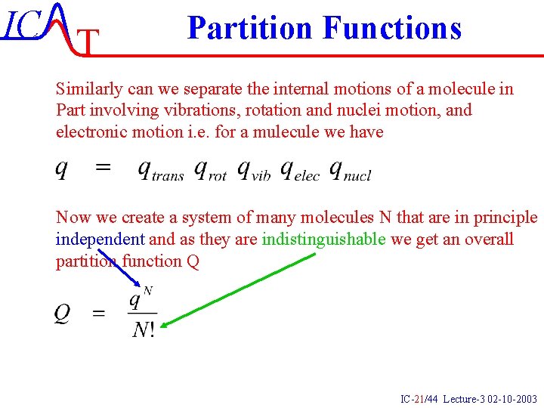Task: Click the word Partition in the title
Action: point(250,28)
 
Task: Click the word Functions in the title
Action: point(391,28)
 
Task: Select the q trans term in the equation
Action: point(160,171)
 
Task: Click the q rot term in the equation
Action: point(210,171)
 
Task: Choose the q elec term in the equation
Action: point(298,171)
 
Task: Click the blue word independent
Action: point(100,240)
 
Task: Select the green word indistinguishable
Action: point(324,240)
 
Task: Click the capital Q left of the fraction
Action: point(63,313)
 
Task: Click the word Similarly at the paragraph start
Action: point(85,88)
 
